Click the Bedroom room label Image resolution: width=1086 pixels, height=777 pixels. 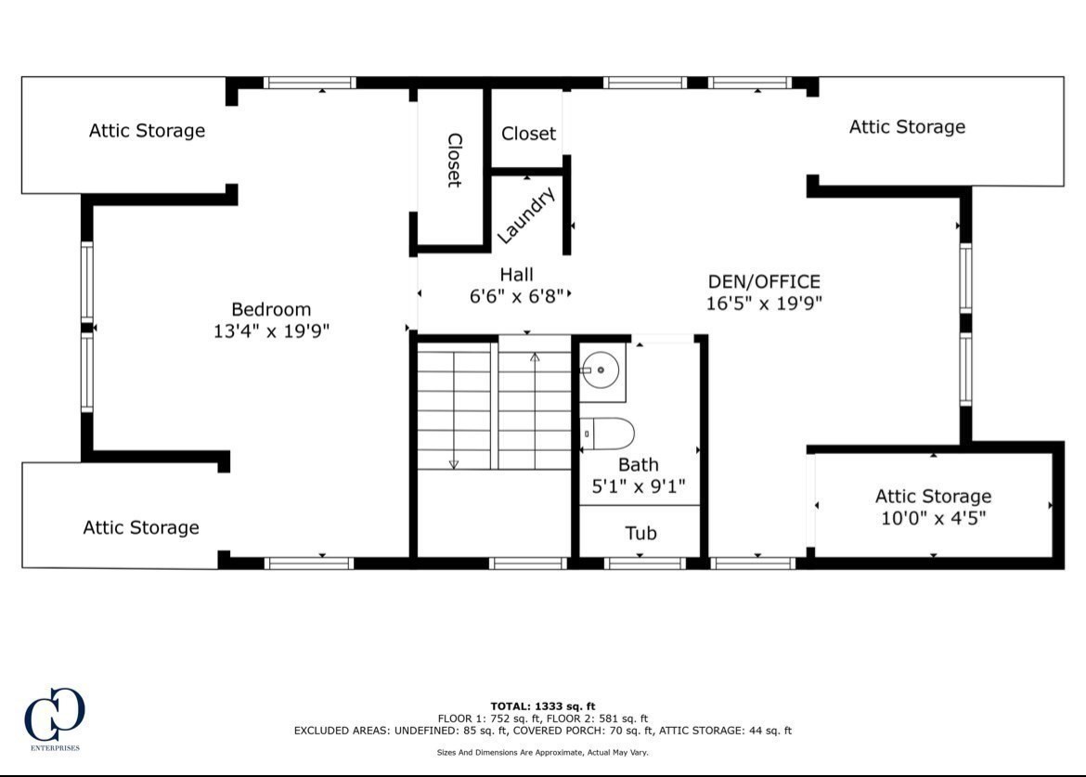[x=271, y=309]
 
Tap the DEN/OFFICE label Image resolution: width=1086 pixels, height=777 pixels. [x=764, y=281]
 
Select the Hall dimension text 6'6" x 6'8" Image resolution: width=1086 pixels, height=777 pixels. [x=516, y=296]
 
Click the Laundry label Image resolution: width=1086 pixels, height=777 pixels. [x=526, y=215]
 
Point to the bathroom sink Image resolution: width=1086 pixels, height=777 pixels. [x=601, y=370]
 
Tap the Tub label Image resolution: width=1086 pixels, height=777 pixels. [x=640, y=533]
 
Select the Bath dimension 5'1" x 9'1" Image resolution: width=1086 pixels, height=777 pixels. [x=639, y=486]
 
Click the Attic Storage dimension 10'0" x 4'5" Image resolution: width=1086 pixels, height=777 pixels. [x=933, y=518]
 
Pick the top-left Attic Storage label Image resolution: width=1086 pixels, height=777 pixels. [x=147, y=131]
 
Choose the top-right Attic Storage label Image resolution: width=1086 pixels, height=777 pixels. [x=907, y=127]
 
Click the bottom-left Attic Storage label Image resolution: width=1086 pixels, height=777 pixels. [x=141, y=527]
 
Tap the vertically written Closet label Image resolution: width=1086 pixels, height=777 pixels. [x=454, y=160]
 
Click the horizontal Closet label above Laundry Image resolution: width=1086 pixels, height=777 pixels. [x=528, y=134]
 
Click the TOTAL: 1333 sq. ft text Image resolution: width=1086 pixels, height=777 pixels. [x=542, y=706]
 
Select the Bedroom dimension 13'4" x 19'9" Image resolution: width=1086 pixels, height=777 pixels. [x=271, y=330]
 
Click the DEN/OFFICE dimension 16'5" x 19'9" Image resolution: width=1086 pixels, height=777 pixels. [x=764, y=303]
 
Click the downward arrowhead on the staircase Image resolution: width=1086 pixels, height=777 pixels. [x=453, y=463]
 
